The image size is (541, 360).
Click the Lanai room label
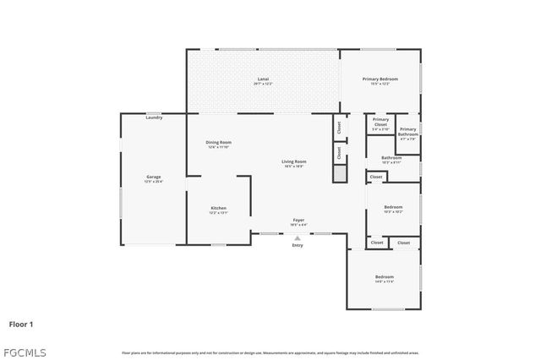[263, 79]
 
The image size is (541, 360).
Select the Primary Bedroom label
[380, 79]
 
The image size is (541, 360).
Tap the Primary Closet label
[380, 122]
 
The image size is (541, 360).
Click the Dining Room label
[218, 142]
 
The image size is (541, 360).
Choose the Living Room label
[294, 161]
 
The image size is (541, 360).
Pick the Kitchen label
[218, 208]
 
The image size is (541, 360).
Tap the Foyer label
[298, 220]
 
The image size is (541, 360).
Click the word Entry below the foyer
[298, 245]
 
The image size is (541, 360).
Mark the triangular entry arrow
[298, 237]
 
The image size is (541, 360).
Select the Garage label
[153, 177]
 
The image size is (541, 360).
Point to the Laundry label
[154, 117]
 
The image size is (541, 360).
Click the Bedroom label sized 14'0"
[385, 276]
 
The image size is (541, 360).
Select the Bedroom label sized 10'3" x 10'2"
[393, 207]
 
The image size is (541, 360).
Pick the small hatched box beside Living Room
[339, 172]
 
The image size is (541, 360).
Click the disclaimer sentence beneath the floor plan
[270, 352]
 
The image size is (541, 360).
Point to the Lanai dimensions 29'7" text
[263, 84]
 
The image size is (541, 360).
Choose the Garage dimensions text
[153, 182]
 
